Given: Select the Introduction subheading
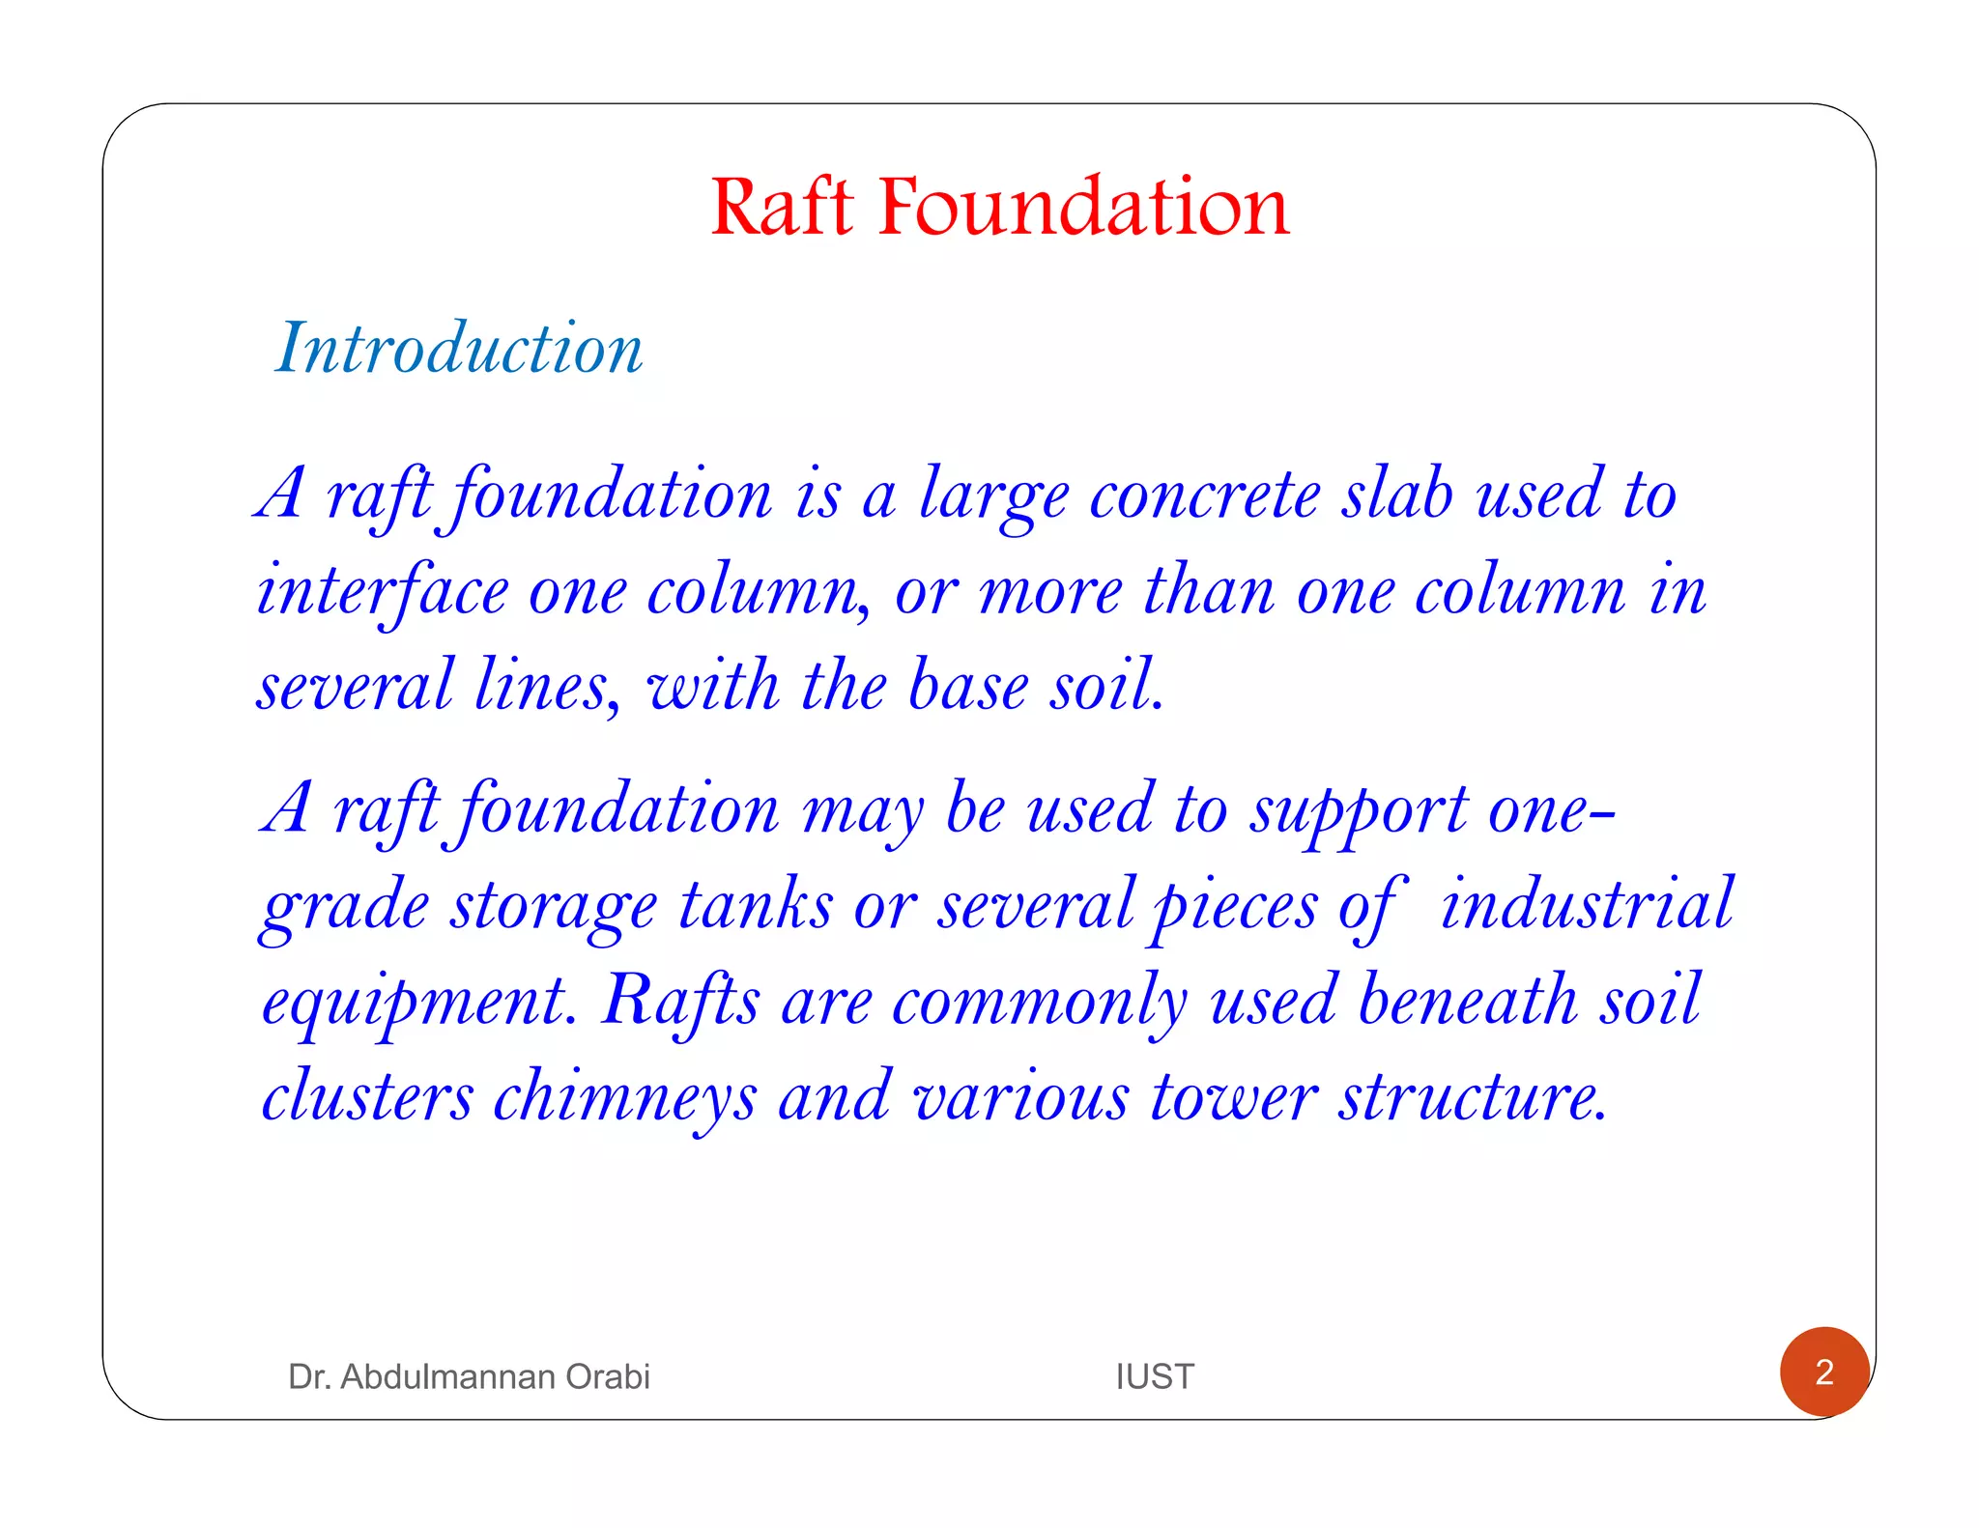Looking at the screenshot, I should (459, 348).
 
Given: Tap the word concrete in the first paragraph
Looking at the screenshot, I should (1204, 495).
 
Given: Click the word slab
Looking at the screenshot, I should (1397, 495).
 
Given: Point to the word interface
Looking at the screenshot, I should (382, 591).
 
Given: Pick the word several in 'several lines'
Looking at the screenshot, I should (355, 686).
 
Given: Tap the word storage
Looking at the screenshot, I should (553, 906).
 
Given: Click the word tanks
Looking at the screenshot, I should (755, 906).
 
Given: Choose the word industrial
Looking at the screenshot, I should (1587, 904).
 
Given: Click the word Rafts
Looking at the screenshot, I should (680, 1001).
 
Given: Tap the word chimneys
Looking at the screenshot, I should (624, 1097).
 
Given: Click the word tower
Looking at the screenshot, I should (1234, 1097).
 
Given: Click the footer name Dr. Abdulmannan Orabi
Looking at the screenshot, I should (469, 1376).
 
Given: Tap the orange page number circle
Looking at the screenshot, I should (1823, 1372).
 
